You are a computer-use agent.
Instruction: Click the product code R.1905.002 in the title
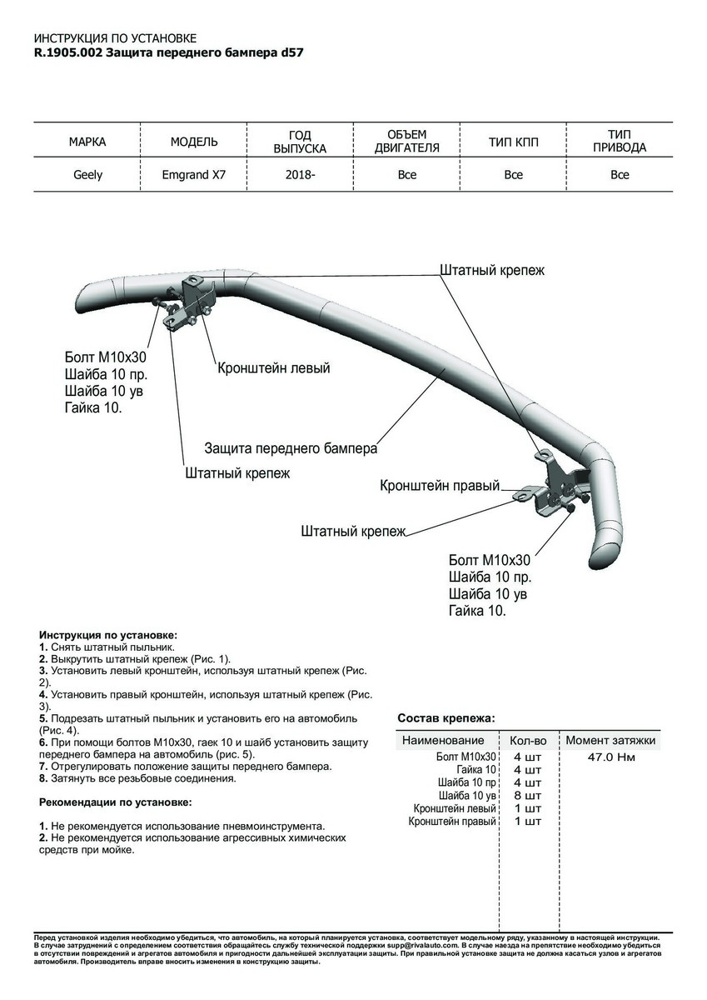tap(69, 52)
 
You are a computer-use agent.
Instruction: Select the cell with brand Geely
tap(87, 175)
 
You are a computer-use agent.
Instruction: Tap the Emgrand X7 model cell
tap(193, 175)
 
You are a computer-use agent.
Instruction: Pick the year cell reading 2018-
tap(300, 175)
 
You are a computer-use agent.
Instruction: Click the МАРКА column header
tap(87, 142)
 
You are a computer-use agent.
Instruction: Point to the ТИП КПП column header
tap(513, 142)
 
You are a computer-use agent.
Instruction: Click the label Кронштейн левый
tap(274, 367)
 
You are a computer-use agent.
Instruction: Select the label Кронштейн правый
tap(440, 485)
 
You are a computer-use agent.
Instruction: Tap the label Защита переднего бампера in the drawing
tap(291, 447)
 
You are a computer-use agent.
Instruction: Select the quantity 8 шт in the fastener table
tap(527, 796)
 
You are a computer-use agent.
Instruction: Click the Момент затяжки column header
tap(610, 740)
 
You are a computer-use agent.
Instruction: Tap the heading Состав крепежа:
tap(446, 717)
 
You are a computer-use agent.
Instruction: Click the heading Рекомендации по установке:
tap(115, 802)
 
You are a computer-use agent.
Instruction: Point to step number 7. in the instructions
tap(43, 766)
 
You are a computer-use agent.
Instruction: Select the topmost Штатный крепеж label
tap(491, 271)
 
